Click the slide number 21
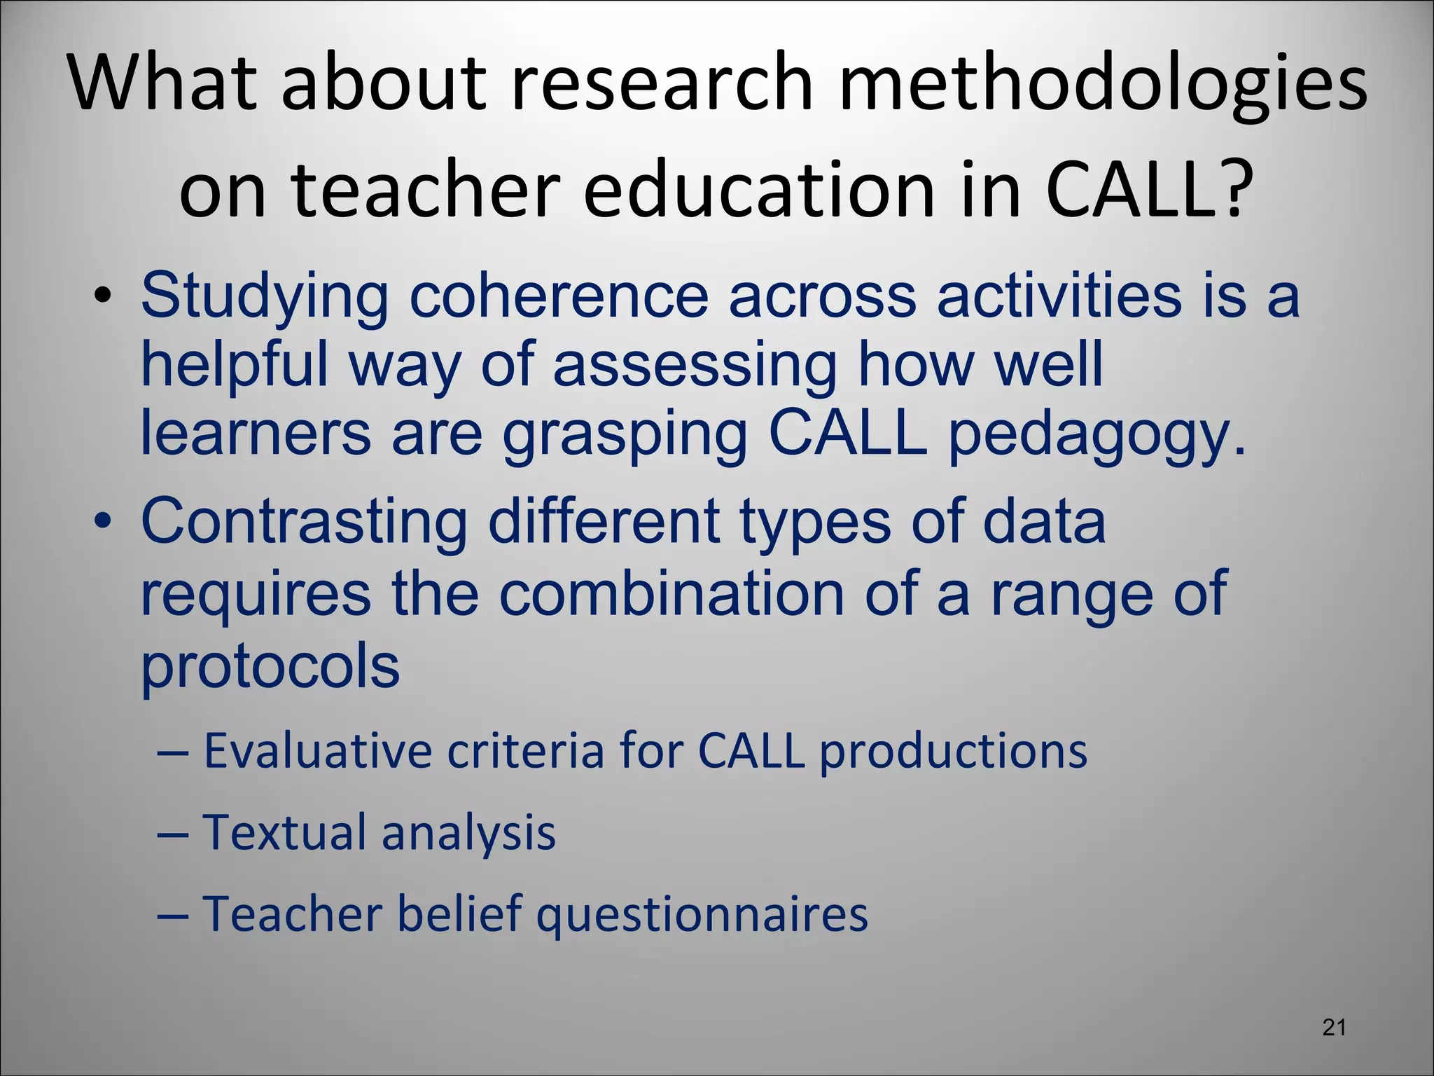[1334, 1028]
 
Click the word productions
[953, 752]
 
